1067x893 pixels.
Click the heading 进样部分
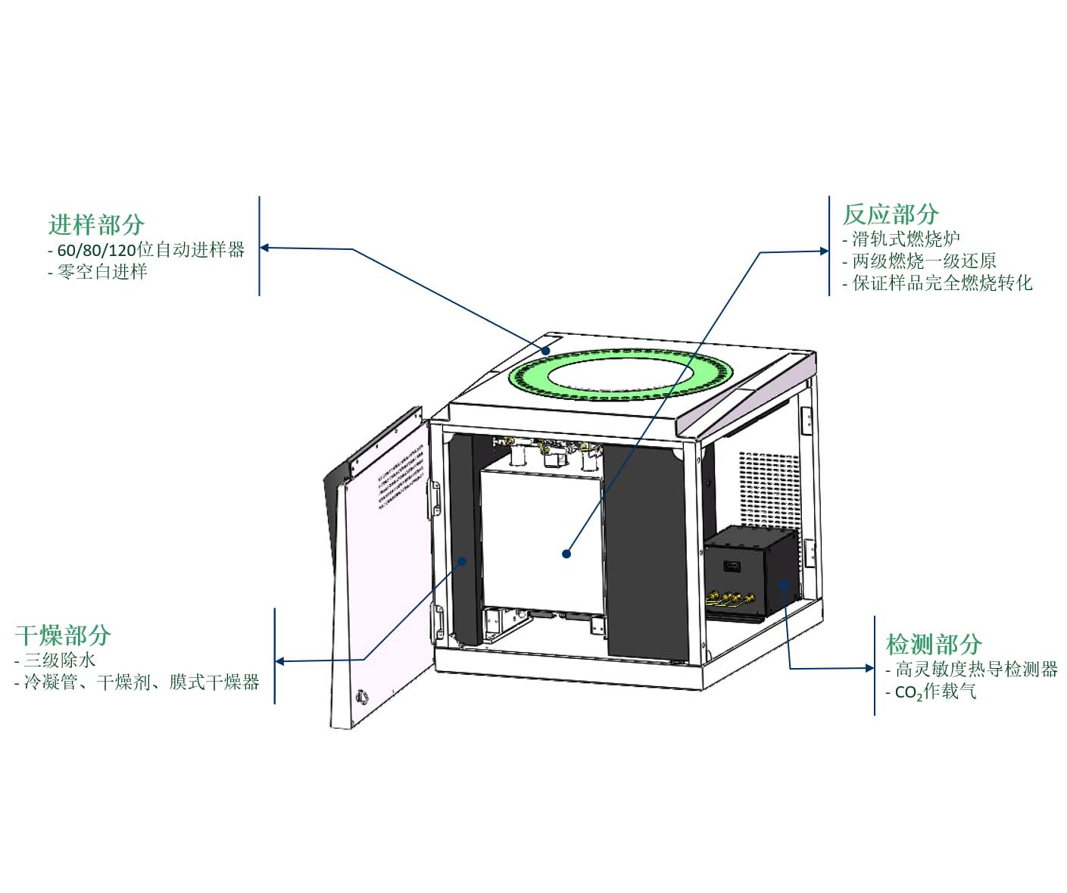click(97, 224)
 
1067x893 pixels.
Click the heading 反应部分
click(891, 214)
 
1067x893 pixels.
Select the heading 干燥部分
click(63, 635)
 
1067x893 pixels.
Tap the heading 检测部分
click(934, 644)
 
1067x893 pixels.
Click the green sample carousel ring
click(621, 375)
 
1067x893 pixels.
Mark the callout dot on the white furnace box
click(566, 554)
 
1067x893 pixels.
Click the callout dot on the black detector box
click(783, 584)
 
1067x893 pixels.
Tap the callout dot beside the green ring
click(546, 351)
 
